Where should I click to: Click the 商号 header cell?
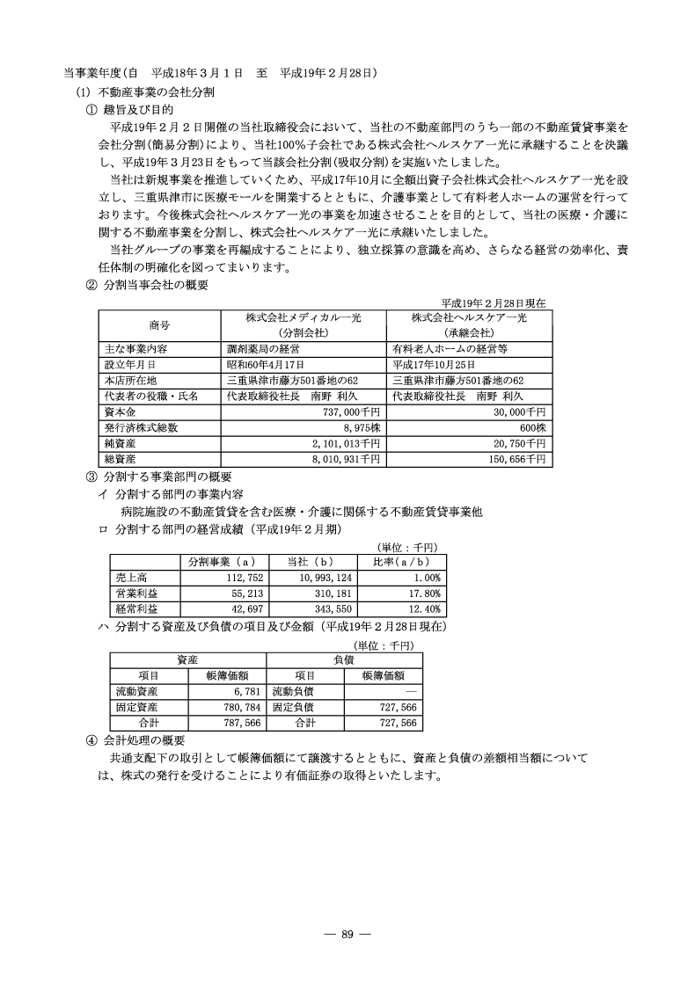pos(159,324)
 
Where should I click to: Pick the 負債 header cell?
pos(343,659)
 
